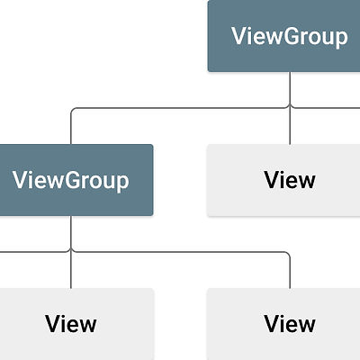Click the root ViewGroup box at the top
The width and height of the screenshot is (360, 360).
[x=283, y=36]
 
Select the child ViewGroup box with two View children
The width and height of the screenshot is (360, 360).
[x=76, y=180]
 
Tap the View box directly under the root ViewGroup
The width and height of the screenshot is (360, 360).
[x=283, y=180]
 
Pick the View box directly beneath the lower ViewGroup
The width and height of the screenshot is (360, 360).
[x=77, y=324]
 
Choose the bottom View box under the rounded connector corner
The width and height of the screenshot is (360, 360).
[x=283, y=324]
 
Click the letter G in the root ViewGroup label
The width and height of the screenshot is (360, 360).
[x=291, y=36]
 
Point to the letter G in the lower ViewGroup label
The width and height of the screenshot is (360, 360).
[x=72, y=180]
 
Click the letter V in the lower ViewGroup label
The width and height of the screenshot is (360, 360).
[x=20, y=180]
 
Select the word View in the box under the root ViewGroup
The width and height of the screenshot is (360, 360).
[x=290, y=180]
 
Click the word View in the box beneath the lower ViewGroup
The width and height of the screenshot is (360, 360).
[x=71, y=324]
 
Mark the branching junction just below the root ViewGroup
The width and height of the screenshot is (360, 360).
[x=290, y=107]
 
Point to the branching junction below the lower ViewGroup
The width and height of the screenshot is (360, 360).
[x=71, y=251]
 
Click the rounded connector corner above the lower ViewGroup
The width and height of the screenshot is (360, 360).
[x=72, y=109]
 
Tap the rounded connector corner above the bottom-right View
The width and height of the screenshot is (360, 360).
[x=288, y=254]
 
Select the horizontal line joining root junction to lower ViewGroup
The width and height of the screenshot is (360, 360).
[x=180, y=108]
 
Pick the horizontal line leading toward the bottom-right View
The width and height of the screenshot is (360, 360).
[x=181, y=252]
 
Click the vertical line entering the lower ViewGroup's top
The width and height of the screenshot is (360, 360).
[x=71, y=127]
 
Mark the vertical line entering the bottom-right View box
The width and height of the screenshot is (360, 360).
[x=290, y=271]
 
